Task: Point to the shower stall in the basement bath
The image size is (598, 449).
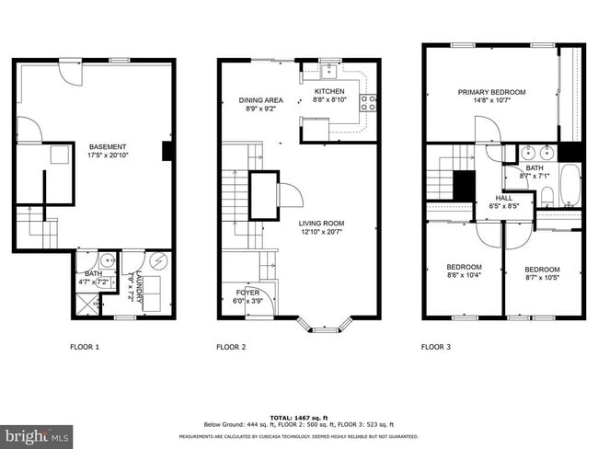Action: coord(86,303)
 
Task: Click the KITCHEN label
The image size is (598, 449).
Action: coord(329,92)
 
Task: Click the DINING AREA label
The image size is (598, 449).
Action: coord(260,99)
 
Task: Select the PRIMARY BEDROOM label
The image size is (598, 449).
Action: coord(492,92)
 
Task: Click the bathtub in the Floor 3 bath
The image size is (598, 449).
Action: coord(570,184)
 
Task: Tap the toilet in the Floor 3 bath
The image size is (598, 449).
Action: coord(546,195)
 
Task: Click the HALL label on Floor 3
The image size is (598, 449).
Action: coord(504,198)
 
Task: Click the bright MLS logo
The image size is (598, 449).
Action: coord(37,433)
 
